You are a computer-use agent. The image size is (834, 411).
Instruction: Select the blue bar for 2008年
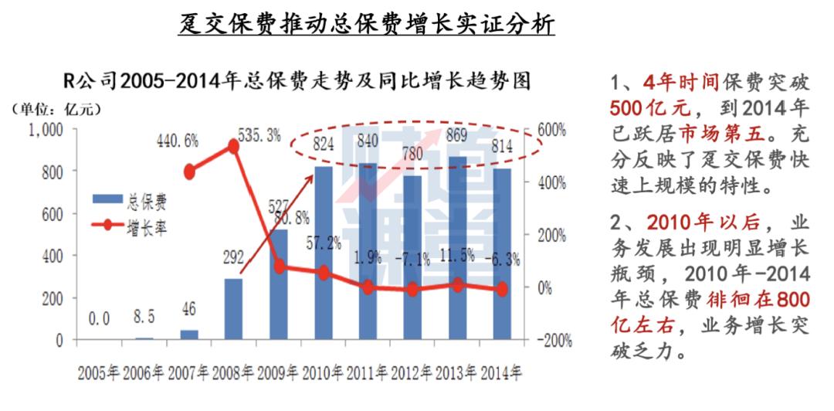[x=233, y=309]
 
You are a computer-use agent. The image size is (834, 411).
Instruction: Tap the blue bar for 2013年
[x=457, y=248]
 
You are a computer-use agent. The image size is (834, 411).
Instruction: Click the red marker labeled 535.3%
[x=233, y=145]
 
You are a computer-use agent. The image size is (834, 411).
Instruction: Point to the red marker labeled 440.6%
[x=189, y=172]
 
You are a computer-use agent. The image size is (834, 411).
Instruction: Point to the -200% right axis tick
[x=550, y=341]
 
